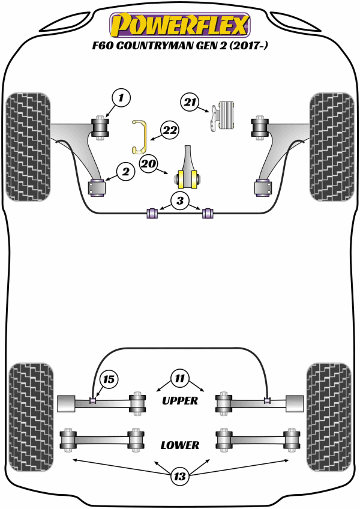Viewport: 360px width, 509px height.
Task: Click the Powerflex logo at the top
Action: coord(179,24)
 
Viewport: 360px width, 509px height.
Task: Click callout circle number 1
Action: coord(121,97)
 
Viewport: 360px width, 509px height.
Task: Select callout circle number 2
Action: coord(125,173)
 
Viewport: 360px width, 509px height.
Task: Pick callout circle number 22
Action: coord(170,130)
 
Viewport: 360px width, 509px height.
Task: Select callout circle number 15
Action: coord(109,379)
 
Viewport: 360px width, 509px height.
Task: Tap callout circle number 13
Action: coord(179,477)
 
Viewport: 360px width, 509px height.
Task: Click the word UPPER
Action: coord(180,400)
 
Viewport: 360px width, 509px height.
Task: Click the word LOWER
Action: coord(180,445)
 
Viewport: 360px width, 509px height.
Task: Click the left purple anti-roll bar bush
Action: coord(152,212)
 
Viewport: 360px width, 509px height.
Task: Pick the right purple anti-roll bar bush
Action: coord(208,212)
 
